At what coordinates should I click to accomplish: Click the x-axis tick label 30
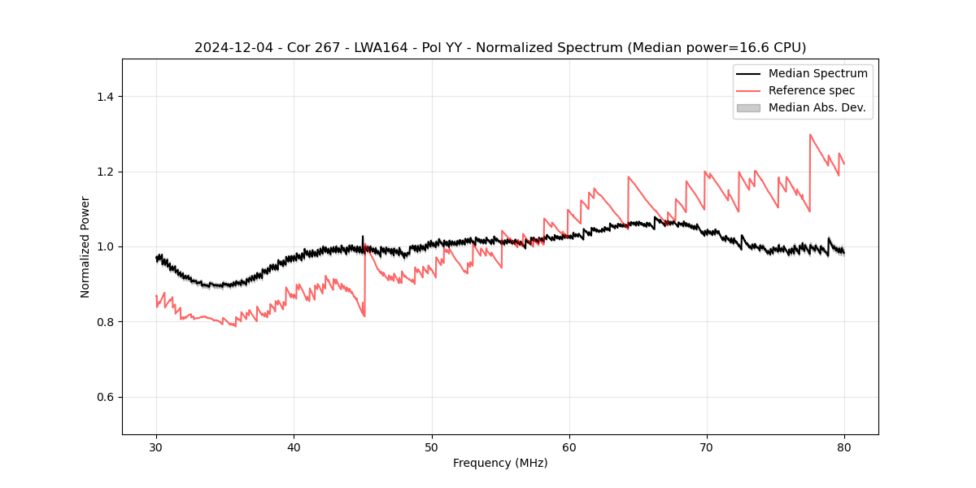156,447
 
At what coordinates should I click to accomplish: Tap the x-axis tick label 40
294,447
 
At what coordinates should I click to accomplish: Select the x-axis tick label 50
432,447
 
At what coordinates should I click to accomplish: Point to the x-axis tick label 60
569,447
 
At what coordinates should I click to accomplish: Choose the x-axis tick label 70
707,447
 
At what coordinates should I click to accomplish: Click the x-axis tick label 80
844,447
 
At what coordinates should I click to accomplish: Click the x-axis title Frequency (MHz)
500,463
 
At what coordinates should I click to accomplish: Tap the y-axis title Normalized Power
85,246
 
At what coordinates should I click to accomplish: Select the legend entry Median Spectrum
817,73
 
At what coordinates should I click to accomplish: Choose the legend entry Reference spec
812,90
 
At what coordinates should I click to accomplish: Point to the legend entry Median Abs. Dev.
817,107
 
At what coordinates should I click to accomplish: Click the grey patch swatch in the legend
748,107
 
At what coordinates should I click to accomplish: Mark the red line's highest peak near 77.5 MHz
810,134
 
